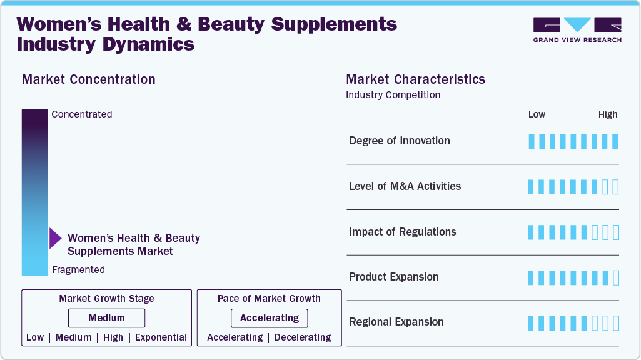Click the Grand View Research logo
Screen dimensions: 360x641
pos(577,29)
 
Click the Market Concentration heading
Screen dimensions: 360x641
pos(88,79)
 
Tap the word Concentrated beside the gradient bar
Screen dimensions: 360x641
pos(82,114)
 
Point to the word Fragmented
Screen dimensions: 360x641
pos(78,270)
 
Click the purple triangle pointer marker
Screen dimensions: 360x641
pos(55,238)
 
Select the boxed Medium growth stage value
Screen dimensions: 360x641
pos(106,318)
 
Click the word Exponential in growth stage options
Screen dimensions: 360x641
pos(161,337)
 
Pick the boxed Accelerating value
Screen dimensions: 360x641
pos(270,318)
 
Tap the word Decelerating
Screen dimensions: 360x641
pos(303,337)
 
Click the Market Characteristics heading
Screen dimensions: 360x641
pos(415,79)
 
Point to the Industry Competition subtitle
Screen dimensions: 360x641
pos(393,95)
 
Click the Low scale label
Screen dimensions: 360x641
pos(537,114)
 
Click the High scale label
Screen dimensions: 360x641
pos(607,114)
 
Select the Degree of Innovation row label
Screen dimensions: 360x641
pos(399,141)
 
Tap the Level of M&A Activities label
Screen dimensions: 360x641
pos(405,186)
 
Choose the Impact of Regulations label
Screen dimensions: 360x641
pos(402,232)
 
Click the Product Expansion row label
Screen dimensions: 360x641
pos(393,277)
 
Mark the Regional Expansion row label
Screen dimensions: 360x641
pos(396,322)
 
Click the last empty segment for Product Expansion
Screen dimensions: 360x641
pos(616,277)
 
